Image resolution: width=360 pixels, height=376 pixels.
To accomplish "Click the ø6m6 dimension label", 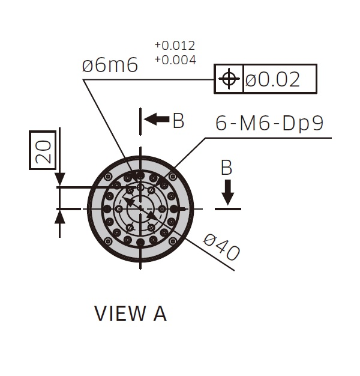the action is [110, 65].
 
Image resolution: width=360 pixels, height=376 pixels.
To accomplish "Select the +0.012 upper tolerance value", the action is [175, 46].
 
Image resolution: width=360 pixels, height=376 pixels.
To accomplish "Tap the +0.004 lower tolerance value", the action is [175, 60].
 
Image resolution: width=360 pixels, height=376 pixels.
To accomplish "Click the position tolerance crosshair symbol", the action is [229, 79].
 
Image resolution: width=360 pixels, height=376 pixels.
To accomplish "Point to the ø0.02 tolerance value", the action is [272, 79].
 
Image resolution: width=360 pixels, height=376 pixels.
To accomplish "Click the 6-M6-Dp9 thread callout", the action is [269, 123].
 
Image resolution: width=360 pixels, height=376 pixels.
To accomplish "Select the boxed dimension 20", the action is [43, 150].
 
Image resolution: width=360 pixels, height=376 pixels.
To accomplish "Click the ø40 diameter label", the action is [221, 247].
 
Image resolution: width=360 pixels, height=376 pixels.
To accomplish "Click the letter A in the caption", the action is [160, 313].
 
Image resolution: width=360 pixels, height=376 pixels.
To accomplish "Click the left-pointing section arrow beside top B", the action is [157, 119].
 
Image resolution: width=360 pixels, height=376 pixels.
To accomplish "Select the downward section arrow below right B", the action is [227, 192].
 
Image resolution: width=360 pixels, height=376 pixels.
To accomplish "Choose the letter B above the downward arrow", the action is [226, 168].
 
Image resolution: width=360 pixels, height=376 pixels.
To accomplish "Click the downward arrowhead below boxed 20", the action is [59, 178].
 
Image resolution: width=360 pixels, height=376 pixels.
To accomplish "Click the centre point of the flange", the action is [140, 209].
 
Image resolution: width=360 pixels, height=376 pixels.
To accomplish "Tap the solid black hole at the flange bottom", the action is [140, 243].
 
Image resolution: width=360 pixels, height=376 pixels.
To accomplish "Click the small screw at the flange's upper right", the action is [172, 177].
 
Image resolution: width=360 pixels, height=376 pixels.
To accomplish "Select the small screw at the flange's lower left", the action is [109, 240].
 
